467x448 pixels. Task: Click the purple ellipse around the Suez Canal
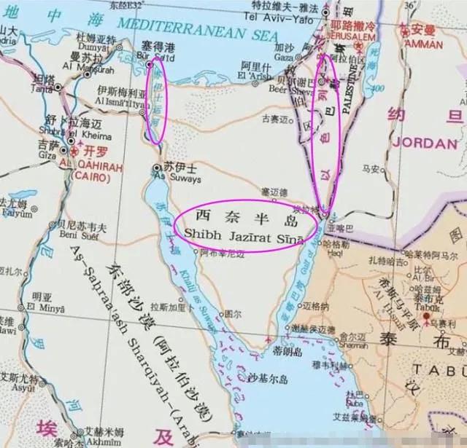point(155,109)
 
